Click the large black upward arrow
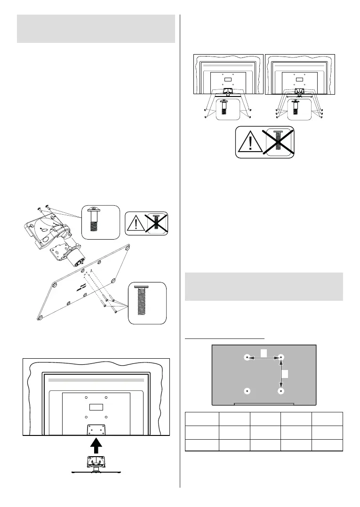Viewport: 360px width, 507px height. click(x=96, y=445)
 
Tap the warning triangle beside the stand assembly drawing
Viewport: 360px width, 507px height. click(x=135, y=222)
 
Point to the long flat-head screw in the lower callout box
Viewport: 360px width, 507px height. click(x=147, y=302)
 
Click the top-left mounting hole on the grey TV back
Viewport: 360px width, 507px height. click(x=248, y=358)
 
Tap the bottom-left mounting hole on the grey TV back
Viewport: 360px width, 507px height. click(x=248, y=391)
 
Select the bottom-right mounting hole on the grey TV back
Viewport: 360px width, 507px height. click(x=281, y=391)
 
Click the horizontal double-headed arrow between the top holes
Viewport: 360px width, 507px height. click(x=264, y=358)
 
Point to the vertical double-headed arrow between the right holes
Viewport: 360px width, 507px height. click(x=281, y=374)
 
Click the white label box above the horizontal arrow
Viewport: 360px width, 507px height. click(x=264, y=352)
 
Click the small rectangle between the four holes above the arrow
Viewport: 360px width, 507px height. click(x=96, y=406)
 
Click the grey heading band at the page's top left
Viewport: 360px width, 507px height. click(x=96, y=29)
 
